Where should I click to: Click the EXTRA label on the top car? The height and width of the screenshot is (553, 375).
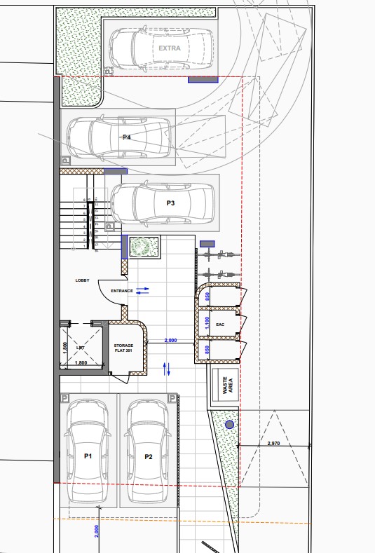click(169, 48)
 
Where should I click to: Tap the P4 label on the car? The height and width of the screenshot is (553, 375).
click(127, 137)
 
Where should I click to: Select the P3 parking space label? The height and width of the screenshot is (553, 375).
click(170, 203)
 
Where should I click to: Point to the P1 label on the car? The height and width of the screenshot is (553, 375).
click(88, 456)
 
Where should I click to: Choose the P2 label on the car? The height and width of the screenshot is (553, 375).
click(149, 456)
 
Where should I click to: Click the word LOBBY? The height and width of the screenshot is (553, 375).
click(82, 280)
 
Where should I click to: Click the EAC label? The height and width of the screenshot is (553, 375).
click(219, 325)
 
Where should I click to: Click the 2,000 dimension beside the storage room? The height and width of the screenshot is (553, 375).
click(170, 340)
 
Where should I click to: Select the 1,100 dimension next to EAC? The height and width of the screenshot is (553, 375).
click(207, 323)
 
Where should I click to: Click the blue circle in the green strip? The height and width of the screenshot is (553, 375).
click(229, 424)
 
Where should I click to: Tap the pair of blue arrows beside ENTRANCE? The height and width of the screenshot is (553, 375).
click(142, 290)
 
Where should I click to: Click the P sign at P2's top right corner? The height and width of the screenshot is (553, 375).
click(172, 398)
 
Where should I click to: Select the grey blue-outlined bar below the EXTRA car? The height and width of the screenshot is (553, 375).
click(203, 80)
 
